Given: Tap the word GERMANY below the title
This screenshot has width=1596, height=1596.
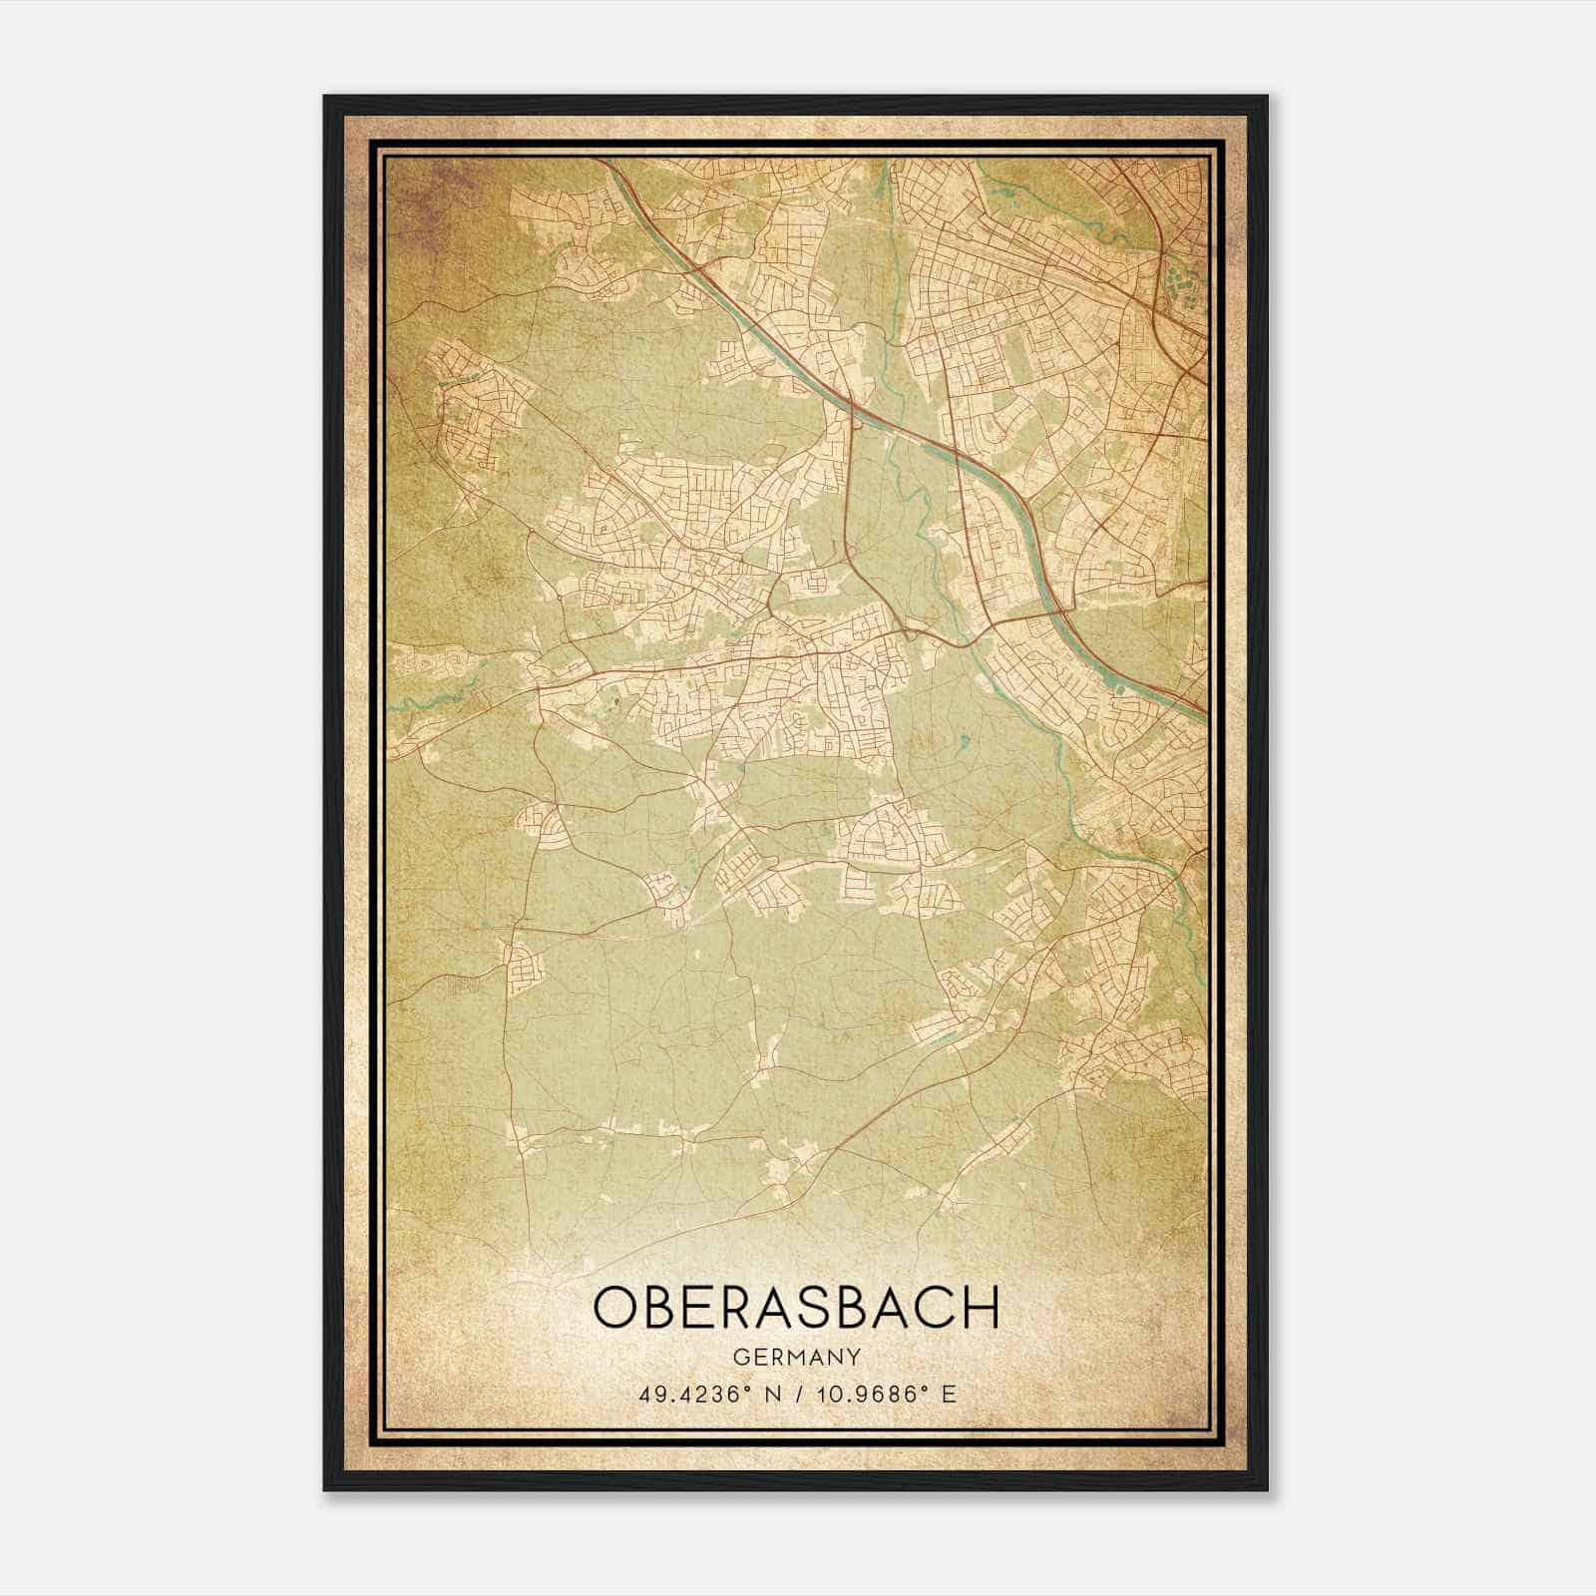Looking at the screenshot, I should click(x=796, y=1358).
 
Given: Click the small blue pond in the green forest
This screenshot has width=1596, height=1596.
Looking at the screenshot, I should click(x=965, y=741).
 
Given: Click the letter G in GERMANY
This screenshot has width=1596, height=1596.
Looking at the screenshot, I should click(x=739, y=1358).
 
